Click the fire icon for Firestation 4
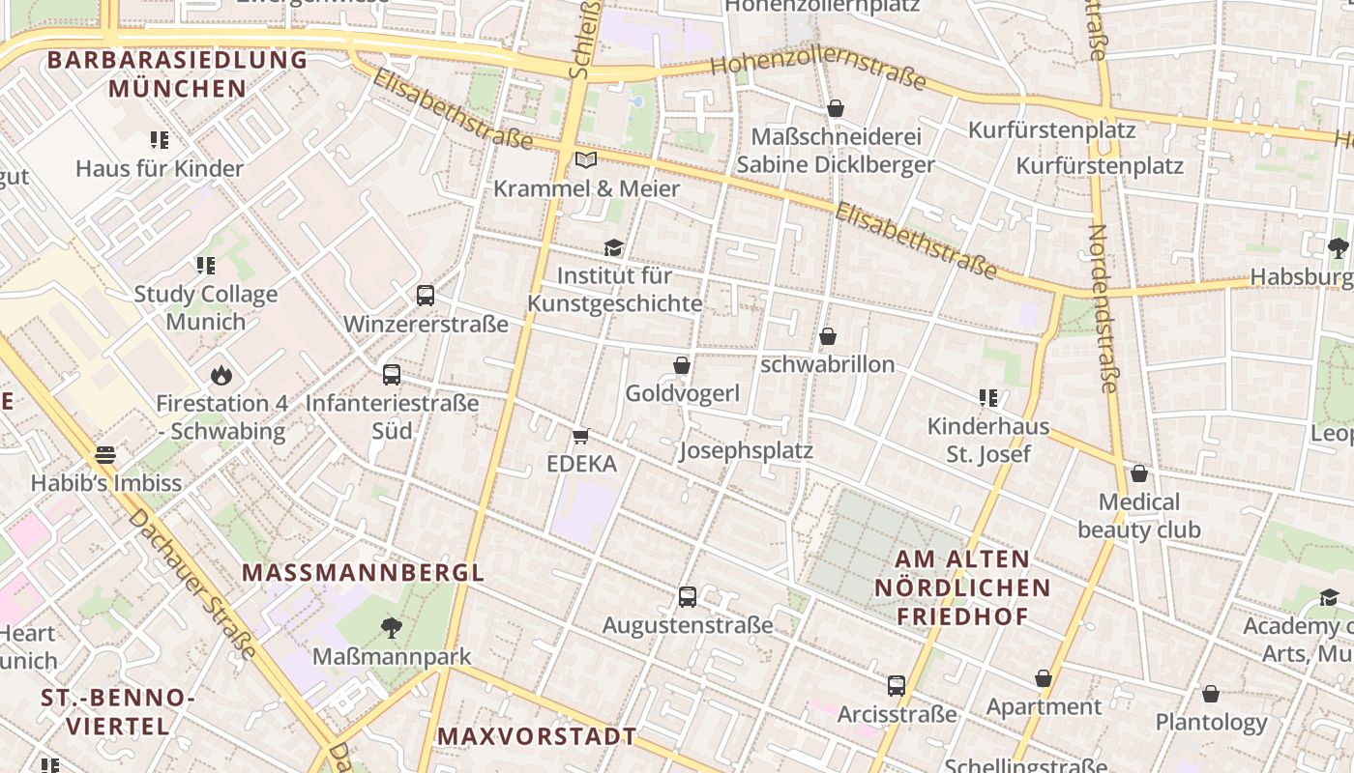click(221, 375)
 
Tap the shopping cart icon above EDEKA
click(581, 437)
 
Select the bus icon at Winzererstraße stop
click(426, 296)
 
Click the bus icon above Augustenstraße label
click(688, 597)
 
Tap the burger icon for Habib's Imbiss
click(105, 455)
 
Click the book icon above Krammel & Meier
click(586, 159)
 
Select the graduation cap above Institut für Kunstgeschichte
click(614, 248)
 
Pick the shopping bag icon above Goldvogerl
click(682, 365)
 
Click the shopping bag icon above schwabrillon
click(828, 336)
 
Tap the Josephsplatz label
click(746, 451)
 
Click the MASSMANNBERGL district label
click(363, 572)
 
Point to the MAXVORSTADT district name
click(537, 736)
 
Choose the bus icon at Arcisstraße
click(897, 686)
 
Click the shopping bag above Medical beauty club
click(1139, 473)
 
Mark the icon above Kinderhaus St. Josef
click(987, 397)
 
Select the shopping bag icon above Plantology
click(1211, 694)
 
